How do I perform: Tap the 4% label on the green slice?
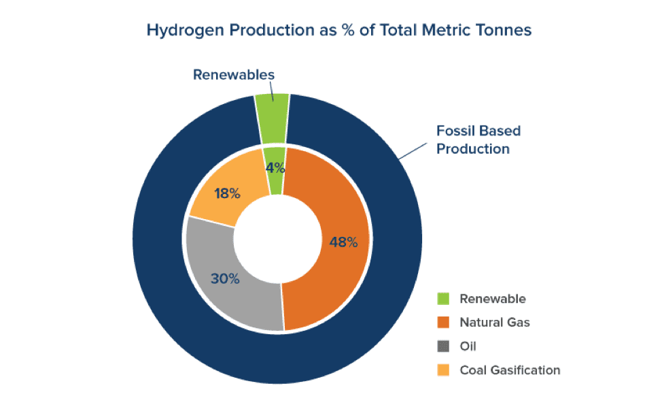[275, 167]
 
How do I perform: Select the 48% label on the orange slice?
[343, 242]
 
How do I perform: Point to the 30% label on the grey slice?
[225, 278]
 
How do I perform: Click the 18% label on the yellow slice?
[227, 193]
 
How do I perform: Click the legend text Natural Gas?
[494, 323]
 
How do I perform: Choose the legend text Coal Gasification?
[510, 370]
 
